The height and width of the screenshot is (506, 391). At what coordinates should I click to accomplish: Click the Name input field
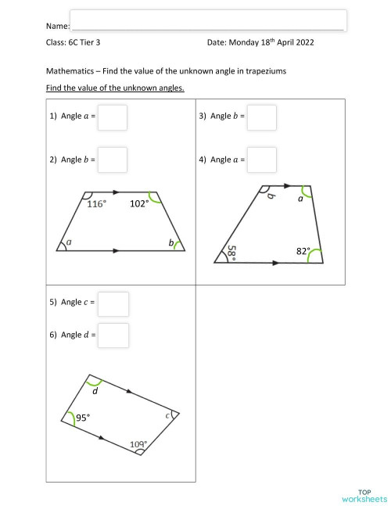208,20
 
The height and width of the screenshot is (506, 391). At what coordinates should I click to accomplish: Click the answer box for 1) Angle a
113,117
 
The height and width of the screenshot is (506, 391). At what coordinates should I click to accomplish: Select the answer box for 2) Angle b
113,160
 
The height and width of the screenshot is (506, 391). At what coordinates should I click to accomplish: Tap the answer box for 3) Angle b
261,117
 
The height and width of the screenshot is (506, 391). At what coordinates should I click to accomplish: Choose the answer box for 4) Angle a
261,160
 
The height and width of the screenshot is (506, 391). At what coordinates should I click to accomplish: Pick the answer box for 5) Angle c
113,303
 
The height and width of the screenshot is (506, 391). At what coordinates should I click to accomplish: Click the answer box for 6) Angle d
113,336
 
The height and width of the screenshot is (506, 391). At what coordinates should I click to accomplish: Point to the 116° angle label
96,204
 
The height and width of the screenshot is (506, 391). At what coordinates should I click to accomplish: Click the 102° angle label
139,204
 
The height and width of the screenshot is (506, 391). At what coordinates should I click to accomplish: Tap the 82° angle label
303,251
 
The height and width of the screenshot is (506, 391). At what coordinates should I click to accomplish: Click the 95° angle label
83,418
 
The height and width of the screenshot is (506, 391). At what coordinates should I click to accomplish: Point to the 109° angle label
138,445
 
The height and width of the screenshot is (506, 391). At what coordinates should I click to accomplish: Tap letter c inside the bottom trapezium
167,417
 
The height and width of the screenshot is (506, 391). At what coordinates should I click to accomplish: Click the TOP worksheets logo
364,494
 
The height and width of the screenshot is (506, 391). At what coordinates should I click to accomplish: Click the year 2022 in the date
303,44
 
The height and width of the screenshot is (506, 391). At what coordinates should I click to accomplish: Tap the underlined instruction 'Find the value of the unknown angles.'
115,88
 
